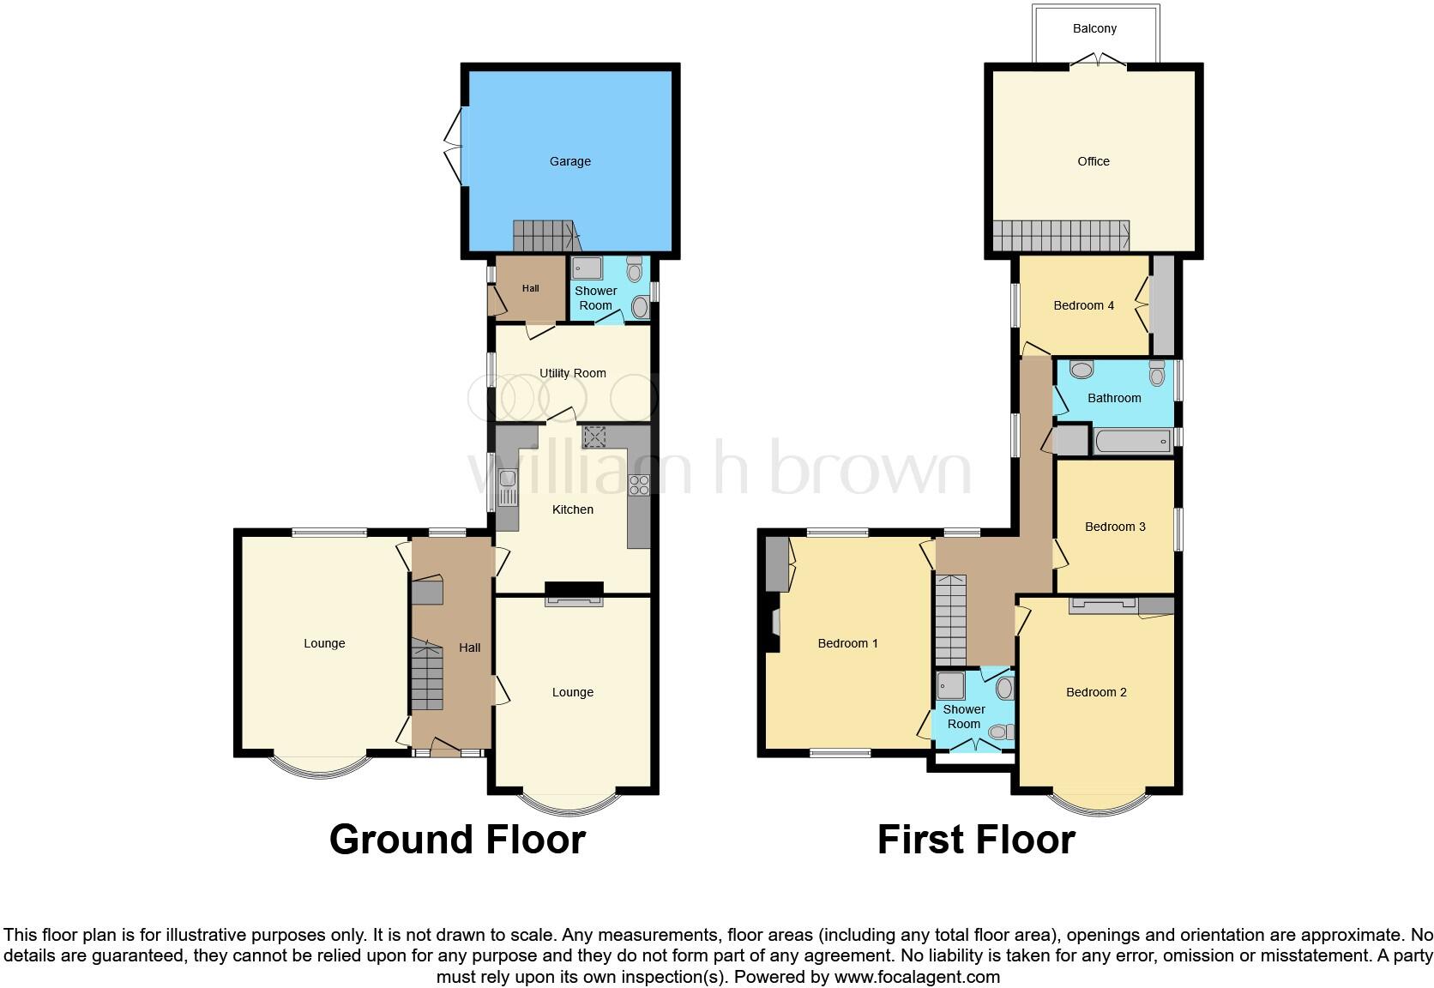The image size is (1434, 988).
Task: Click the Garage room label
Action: point(570,161)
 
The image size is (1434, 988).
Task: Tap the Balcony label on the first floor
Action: point(1094,28)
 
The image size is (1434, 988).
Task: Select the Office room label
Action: point(1094,161)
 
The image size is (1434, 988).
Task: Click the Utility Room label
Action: point(573,373)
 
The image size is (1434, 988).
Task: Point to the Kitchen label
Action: point(573,509)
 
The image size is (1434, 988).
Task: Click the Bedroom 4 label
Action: point(1084,305)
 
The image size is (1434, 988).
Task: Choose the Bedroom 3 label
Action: point(1115,527)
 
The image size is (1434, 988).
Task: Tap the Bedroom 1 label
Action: point(848,643)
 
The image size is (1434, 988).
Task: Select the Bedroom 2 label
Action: point(1096,692)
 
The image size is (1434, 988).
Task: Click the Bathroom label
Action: point(1114,398)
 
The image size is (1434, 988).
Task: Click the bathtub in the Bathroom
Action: point(1133,442)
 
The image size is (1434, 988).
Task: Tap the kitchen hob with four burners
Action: point(639,485)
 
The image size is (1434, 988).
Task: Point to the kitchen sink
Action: point(508,486)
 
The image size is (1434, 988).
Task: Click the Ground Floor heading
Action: point(457,840)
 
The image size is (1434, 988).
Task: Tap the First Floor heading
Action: point(976,840)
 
